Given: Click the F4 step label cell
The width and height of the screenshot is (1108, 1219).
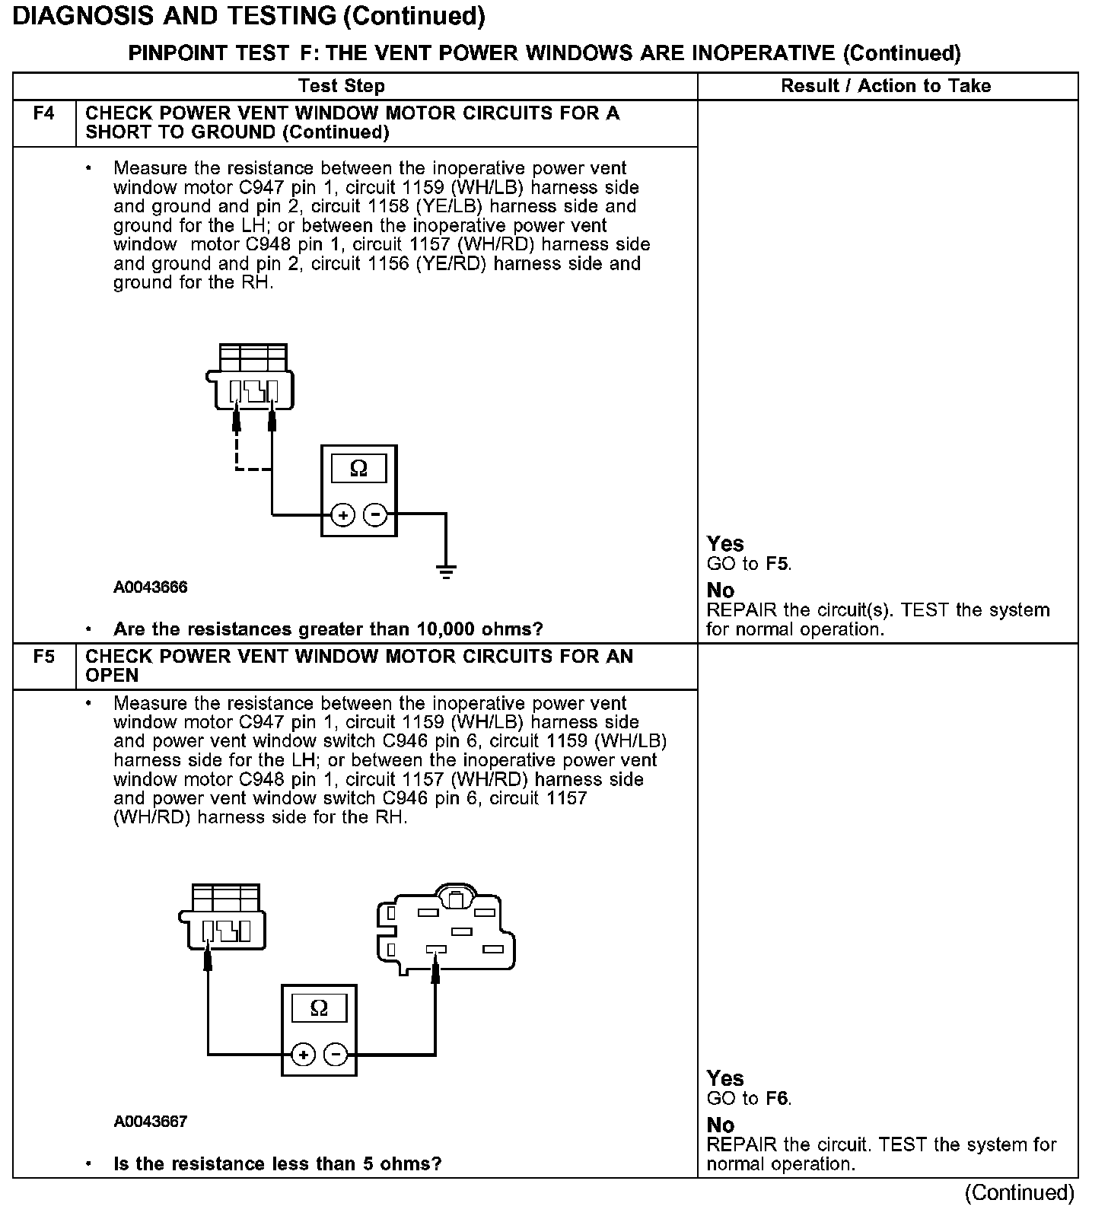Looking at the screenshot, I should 44,114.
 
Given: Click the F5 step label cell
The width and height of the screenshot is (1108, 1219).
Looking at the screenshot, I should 44,657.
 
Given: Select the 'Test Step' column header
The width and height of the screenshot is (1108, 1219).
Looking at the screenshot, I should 342,86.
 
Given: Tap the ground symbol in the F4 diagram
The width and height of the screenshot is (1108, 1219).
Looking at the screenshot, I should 446,571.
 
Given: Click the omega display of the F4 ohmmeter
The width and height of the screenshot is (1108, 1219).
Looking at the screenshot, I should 358,469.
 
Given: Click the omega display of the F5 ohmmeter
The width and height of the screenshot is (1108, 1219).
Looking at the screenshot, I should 320,1008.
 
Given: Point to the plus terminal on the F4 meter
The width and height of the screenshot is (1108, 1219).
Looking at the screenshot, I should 344,515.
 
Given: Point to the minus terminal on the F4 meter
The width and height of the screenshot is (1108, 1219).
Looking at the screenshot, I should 375,515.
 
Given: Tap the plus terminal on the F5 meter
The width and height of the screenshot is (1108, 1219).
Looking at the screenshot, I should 304,1055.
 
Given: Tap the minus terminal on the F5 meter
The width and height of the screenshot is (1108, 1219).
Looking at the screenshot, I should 336,1055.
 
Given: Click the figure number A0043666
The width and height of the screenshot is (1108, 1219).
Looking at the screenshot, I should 151,587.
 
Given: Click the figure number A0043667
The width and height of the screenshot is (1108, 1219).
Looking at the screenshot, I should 151,1122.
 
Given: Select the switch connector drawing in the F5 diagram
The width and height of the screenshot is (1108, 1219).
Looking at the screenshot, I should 445,929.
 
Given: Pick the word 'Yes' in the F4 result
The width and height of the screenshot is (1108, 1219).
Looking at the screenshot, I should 725,544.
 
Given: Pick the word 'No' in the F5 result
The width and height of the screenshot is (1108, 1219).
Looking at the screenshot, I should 721,1125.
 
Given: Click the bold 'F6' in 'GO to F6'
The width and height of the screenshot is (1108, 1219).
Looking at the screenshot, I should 777,1099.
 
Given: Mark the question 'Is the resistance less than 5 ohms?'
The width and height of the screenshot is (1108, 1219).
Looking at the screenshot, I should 277,1164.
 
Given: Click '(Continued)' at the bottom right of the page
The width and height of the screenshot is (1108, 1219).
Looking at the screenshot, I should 1020,1193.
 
